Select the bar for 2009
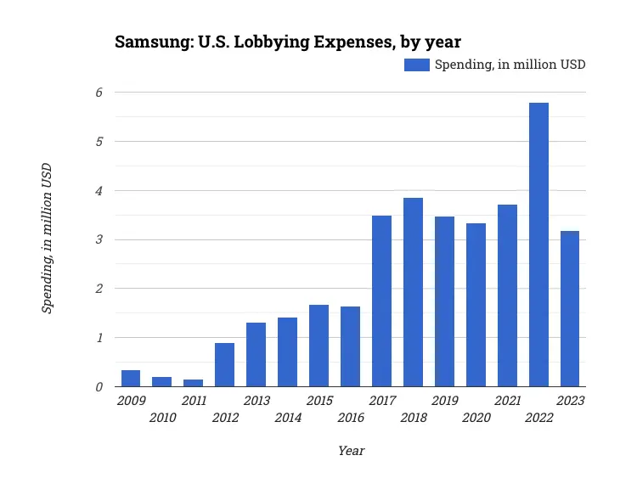(x=131, y=379)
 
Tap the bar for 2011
(x=193, y=383)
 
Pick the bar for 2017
(x=381, y=301)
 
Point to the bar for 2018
(x=413, y=292)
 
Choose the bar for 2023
(x=570, y=309)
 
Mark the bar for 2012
(x=224, y=365)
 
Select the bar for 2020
(x=476, y=305)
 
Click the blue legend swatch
(x=416, y=65)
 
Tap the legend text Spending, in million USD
(x=510, y=65)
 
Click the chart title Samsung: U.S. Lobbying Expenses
(x=288, y=42)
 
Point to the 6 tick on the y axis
(x=99, y=93)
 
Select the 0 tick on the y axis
(x=99, y=387)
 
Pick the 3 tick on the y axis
(x=99, y=240)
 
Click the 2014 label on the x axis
(x=288, y=418)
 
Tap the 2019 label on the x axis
(x=444, y=401)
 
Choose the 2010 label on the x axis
(x=162, y=418)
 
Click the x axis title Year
(x=351, y=451)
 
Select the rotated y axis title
(x=48, y=238)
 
